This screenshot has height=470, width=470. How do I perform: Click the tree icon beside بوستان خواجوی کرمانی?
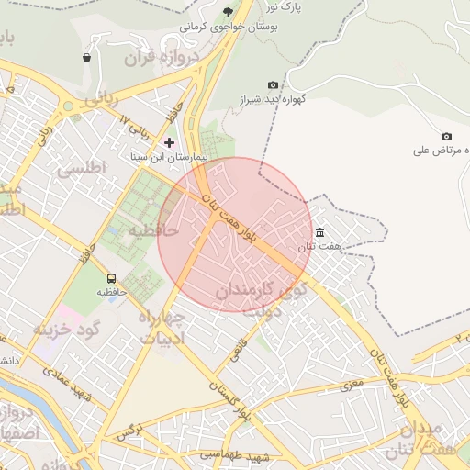[x=228, y=12]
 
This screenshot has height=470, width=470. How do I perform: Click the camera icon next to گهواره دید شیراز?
[x=272, y=84]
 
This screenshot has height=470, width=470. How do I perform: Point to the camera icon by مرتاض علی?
[x=446, y=136]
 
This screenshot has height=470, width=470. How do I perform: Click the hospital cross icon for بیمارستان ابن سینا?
[x=169, y=142]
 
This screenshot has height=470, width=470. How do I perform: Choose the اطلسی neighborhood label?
[x=82, y=169]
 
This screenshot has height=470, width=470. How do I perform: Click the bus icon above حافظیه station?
[x=111, y=277]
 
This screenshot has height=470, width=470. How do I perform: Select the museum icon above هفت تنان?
[x=319, y=232]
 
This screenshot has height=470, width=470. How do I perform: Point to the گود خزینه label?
[x=65, y=328]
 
